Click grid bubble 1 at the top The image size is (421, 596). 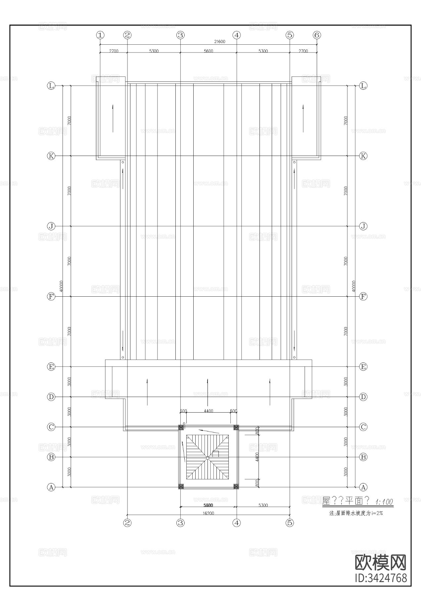click(x=100, y=35)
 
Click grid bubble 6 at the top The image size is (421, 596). click(x=317, y=35)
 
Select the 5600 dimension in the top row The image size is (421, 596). click(x=209, y=51)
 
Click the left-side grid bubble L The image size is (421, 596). click(x=51, y=86)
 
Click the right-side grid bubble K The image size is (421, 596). click(x=363, y=156)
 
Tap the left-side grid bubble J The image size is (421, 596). click(x=51, y=226)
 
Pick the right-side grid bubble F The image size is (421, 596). click(x=363, y=296)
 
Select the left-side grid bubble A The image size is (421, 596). click(x=51, y=487)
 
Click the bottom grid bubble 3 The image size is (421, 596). click(x=180, y=523)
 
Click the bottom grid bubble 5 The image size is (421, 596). click(x=290, y=523)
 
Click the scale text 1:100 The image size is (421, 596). click(x=384, y=502)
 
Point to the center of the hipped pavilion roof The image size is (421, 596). click(x=208, y=457)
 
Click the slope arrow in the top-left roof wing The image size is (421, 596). click(x=113, y=119)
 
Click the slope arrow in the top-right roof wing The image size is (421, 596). click(x=303, y=119)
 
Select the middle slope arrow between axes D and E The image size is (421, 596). click(x=208, y=392)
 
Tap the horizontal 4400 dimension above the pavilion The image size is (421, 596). click(x=209, y=411)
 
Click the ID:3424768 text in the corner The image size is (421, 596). click(x=380, y=578)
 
